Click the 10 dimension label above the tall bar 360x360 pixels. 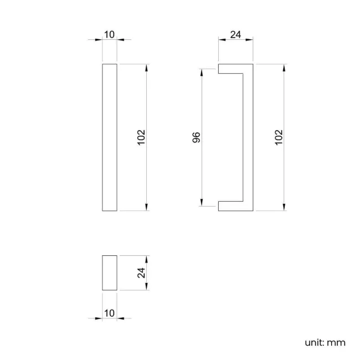coord(109,35)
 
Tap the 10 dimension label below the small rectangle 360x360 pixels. coord(109,313)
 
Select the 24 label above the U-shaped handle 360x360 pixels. coord(235,35)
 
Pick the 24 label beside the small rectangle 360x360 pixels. coord(141,272)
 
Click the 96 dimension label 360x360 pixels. coord(196,137)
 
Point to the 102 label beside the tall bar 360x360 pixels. coord(141,137)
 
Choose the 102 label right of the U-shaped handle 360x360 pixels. coord(279,137)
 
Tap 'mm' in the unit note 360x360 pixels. coord(336,343)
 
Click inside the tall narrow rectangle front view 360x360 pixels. coord(110,137)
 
